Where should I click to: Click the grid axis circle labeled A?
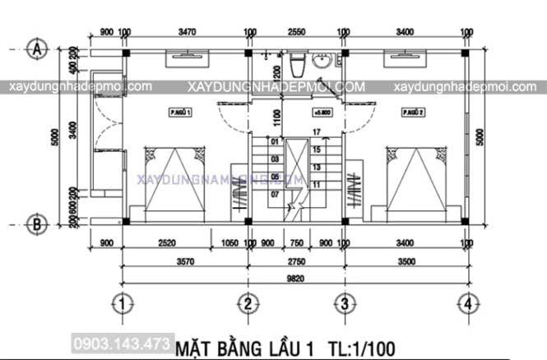click(35, 48)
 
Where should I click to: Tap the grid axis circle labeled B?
click(35, 222)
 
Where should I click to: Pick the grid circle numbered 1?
click(123, 304)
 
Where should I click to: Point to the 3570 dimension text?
click(184, 261)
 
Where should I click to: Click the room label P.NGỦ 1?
click(181, 112)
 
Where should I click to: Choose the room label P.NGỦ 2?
click(411, 112)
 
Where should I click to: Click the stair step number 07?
click(275, 195)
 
